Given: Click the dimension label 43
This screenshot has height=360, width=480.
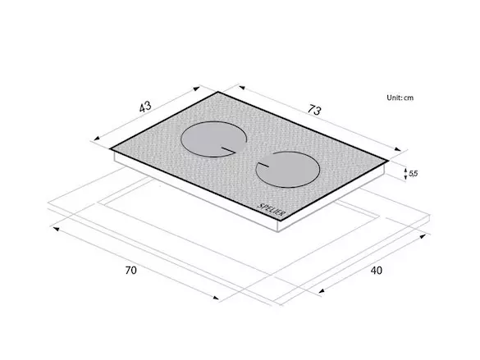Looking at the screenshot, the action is (x=145, y=107).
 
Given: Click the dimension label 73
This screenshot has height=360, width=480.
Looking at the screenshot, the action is (x=314, y=110).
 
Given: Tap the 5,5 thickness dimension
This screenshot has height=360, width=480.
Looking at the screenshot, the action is (x=413, y=174).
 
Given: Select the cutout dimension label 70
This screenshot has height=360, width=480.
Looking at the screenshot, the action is (x=130, y=271).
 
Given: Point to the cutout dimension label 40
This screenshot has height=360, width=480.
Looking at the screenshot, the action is (x=377, y=271).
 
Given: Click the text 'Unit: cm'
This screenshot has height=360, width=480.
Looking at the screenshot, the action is (x=400, y=98).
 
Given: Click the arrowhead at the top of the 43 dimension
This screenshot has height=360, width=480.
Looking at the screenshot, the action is (x=197, y=89).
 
